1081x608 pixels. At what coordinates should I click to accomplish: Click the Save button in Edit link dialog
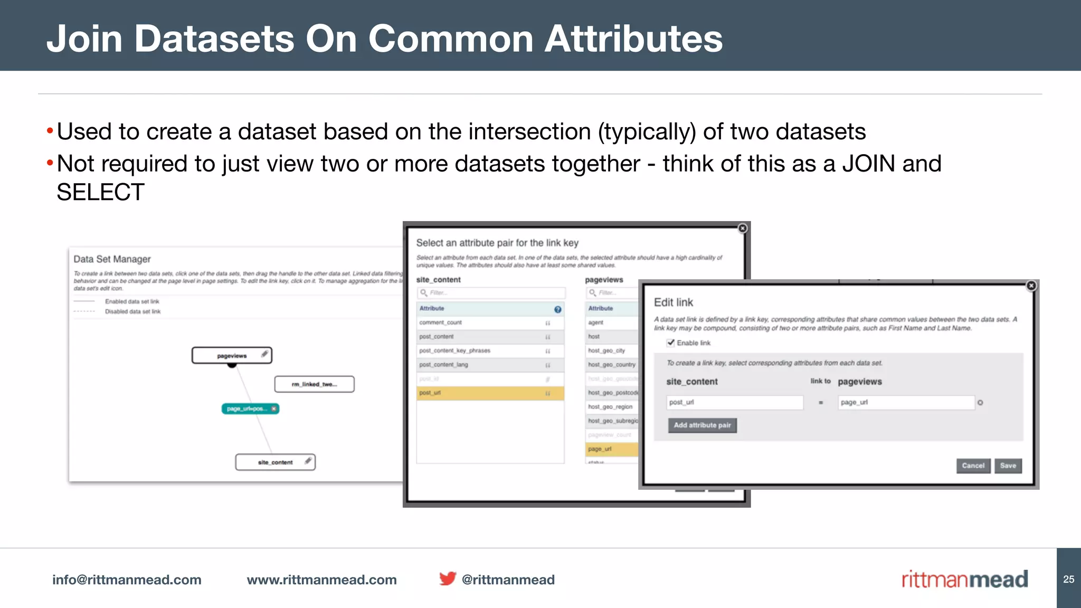1008,465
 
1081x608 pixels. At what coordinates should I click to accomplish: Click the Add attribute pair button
702,425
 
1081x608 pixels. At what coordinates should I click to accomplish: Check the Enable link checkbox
671,343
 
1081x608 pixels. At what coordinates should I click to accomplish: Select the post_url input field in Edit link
734,403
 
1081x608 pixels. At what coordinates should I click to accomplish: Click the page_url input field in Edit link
905,403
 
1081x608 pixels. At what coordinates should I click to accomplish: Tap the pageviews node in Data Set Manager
232,356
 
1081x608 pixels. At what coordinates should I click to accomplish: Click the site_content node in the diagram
275,462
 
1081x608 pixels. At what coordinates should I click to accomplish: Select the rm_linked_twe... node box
314,384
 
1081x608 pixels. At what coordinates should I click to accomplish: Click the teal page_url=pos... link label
246,409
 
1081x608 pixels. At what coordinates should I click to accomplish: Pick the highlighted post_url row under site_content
490,393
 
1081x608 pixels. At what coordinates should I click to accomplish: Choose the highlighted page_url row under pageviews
611,449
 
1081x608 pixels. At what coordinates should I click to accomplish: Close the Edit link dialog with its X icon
1031,286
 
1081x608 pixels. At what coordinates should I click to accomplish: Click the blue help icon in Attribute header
557,309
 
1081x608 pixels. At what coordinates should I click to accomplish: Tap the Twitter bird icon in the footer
448,579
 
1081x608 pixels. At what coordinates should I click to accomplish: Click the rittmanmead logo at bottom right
964,579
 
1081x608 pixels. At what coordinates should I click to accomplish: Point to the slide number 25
1068,579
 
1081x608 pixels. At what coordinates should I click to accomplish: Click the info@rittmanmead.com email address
127,579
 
